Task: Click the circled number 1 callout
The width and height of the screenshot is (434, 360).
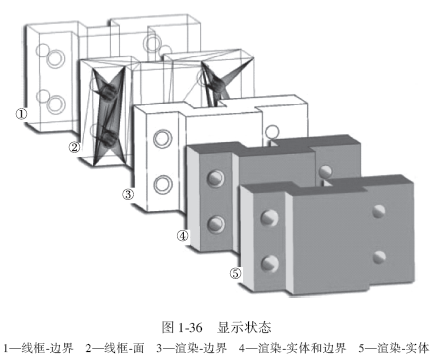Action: (21, 114)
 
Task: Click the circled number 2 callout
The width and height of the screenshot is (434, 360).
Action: (75, 147)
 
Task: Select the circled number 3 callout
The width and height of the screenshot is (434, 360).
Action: (128, 194)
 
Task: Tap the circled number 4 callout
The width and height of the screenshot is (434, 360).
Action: (182, 236)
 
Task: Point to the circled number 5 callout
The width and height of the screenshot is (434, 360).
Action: (235, 273)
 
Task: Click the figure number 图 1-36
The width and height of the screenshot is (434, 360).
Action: (182, 327)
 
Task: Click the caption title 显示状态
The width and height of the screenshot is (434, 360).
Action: (244, 327)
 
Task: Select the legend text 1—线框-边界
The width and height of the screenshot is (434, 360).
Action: (38, 348)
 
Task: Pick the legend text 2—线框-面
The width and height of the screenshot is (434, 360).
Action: (115, 348)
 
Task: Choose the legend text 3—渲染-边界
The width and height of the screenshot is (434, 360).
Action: (192, 348)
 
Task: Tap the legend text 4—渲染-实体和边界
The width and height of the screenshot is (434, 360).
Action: (292, 348)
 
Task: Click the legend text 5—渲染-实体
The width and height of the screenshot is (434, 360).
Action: (394, 348)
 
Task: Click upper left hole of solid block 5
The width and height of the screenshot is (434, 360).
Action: (270, 218)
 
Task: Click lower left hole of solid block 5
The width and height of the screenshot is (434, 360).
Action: (270, 263)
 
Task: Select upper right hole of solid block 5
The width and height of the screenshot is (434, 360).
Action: (379, 211)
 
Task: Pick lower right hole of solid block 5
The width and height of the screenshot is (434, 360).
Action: (379, 257)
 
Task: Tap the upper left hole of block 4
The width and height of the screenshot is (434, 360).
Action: (216, 178)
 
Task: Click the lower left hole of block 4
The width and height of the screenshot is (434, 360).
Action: (216, 223)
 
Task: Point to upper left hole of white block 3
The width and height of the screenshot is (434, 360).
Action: (163, 138)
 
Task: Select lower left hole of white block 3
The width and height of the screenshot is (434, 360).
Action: (163, 184)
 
